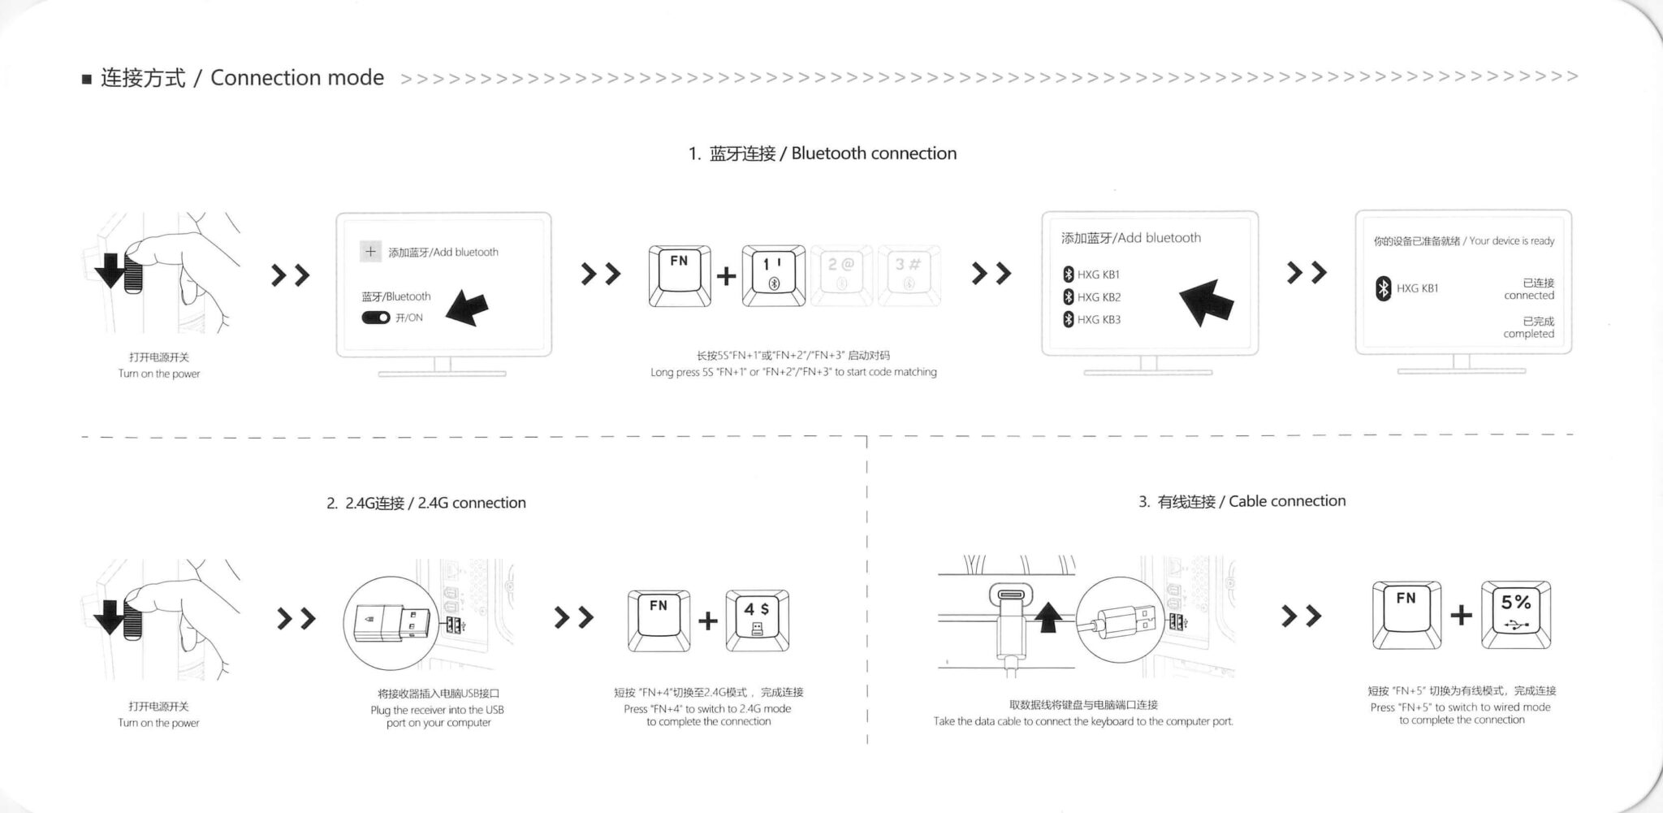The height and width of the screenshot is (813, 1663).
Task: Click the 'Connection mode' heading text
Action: click(x=296, y=78)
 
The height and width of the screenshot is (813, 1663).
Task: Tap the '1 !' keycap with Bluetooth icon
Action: click(x=773, y=275)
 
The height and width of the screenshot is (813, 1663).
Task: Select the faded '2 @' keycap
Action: click(x=841, y=275)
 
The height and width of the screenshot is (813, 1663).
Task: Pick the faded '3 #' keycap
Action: click(x=909, y=275)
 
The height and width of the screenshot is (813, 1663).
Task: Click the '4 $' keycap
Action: click(x=757, y=620)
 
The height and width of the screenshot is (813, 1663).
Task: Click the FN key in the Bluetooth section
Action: click(x=680, y=275)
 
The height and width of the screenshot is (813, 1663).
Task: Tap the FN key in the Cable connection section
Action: click(x=1406, y=614)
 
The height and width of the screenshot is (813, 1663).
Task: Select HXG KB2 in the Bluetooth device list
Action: click(x=1098, y=297)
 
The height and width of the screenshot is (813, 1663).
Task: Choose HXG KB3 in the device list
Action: click(x=1098, y=320)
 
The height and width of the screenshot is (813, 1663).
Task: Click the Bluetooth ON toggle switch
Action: click(x=375, y=318)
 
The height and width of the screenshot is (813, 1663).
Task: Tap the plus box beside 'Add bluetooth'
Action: click(x=370, y=252)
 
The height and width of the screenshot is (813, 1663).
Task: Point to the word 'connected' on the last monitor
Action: click(x=1528, y=296)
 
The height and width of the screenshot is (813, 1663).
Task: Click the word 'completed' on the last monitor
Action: click(x=1528, y=334)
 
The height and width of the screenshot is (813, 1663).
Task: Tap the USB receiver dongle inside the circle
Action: click(x=388, y=624)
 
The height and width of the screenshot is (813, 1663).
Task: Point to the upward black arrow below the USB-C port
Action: click(x=1048, y=616)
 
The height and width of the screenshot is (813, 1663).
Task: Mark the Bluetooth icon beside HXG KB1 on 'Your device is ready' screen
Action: click(x=1383, y=288)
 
